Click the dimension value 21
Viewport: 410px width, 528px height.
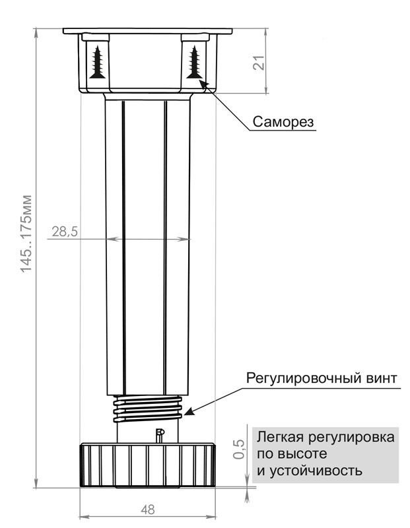259,62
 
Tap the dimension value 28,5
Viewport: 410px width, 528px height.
65,232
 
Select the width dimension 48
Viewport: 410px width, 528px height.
147,510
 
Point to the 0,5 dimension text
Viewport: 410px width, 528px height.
238,449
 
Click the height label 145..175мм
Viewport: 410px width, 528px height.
26,234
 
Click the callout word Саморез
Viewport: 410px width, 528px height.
283,121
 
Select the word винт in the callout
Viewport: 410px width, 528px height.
379,378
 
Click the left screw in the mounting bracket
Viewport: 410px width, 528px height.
98,62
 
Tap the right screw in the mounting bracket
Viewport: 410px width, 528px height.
194,62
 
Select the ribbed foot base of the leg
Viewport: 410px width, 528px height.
147,465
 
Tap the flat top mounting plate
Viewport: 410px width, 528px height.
147,31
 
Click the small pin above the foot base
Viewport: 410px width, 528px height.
159,436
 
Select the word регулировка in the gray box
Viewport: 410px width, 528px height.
351,438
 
